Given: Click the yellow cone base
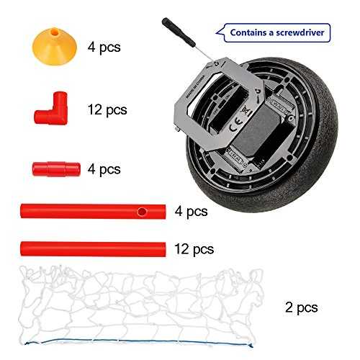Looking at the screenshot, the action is [55, 47].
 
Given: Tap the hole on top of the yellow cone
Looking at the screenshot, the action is [55, 31].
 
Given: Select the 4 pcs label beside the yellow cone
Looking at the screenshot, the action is [104, 48].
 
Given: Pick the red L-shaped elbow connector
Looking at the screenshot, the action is [53, 111].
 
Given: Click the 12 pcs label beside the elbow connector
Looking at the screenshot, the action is [107, 110].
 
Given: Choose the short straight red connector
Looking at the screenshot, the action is [56, 169].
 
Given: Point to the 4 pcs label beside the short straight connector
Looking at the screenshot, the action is [104, 169].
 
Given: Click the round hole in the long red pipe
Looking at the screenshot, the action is [142, 212].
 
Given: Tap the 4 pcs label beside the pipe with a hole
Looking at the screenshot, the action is [192, 212].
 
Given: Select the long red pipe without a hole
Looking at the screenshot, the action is [93, 249].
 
